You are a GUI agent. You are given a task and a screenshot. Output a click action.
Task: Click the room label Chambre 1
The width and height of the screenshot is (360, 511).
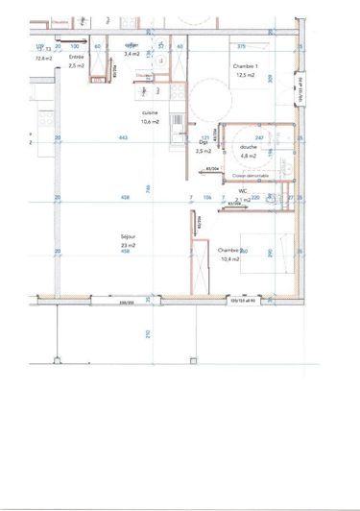click(x=246, y=65)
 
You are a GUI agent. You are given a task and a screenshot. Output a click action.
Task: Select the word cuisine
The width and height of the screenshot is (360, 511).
click(x=149, y=112)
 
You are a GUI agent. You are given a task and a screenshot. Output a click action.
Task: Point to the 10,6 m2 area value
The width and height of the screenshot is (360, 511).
click(x=150, y=122)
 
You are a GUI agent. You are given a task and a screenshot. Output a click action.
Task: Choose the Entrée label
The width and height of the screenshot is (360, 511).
click(x=76, y=57)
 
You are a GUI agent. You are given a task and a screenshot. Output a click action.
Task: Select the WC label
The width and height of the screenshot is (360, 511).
click(x=244, y=190)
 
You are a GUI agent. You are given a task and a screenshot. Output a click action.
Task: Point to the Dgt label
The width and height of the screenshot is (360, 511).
click(x=202, y=143)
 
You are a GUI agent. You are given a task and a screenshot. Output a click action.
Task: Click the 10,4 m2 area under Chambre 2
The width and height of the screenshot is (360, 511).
click(x=230, y=259)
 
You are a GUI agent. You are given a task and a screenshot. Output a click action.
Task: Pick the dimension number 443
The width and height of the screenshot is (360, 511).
click(x=123, y=138)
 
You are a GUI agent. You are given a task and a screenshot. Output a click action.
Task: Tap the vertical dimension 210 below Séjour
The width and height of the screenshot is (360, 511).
click(x=147, y=333)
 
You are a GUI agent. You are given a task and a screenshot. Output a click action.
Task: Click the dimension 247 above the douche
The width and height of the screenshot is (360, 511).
click(x=258, y=138)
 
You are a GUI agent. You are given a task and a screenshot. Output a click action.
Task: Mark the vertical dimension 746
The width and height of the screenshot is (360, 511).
click(x=147, y=187)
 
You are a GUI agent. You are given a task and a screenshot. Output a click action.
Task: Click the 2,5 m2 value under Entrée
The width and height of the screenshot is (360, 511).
click(x=76, y=66)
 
